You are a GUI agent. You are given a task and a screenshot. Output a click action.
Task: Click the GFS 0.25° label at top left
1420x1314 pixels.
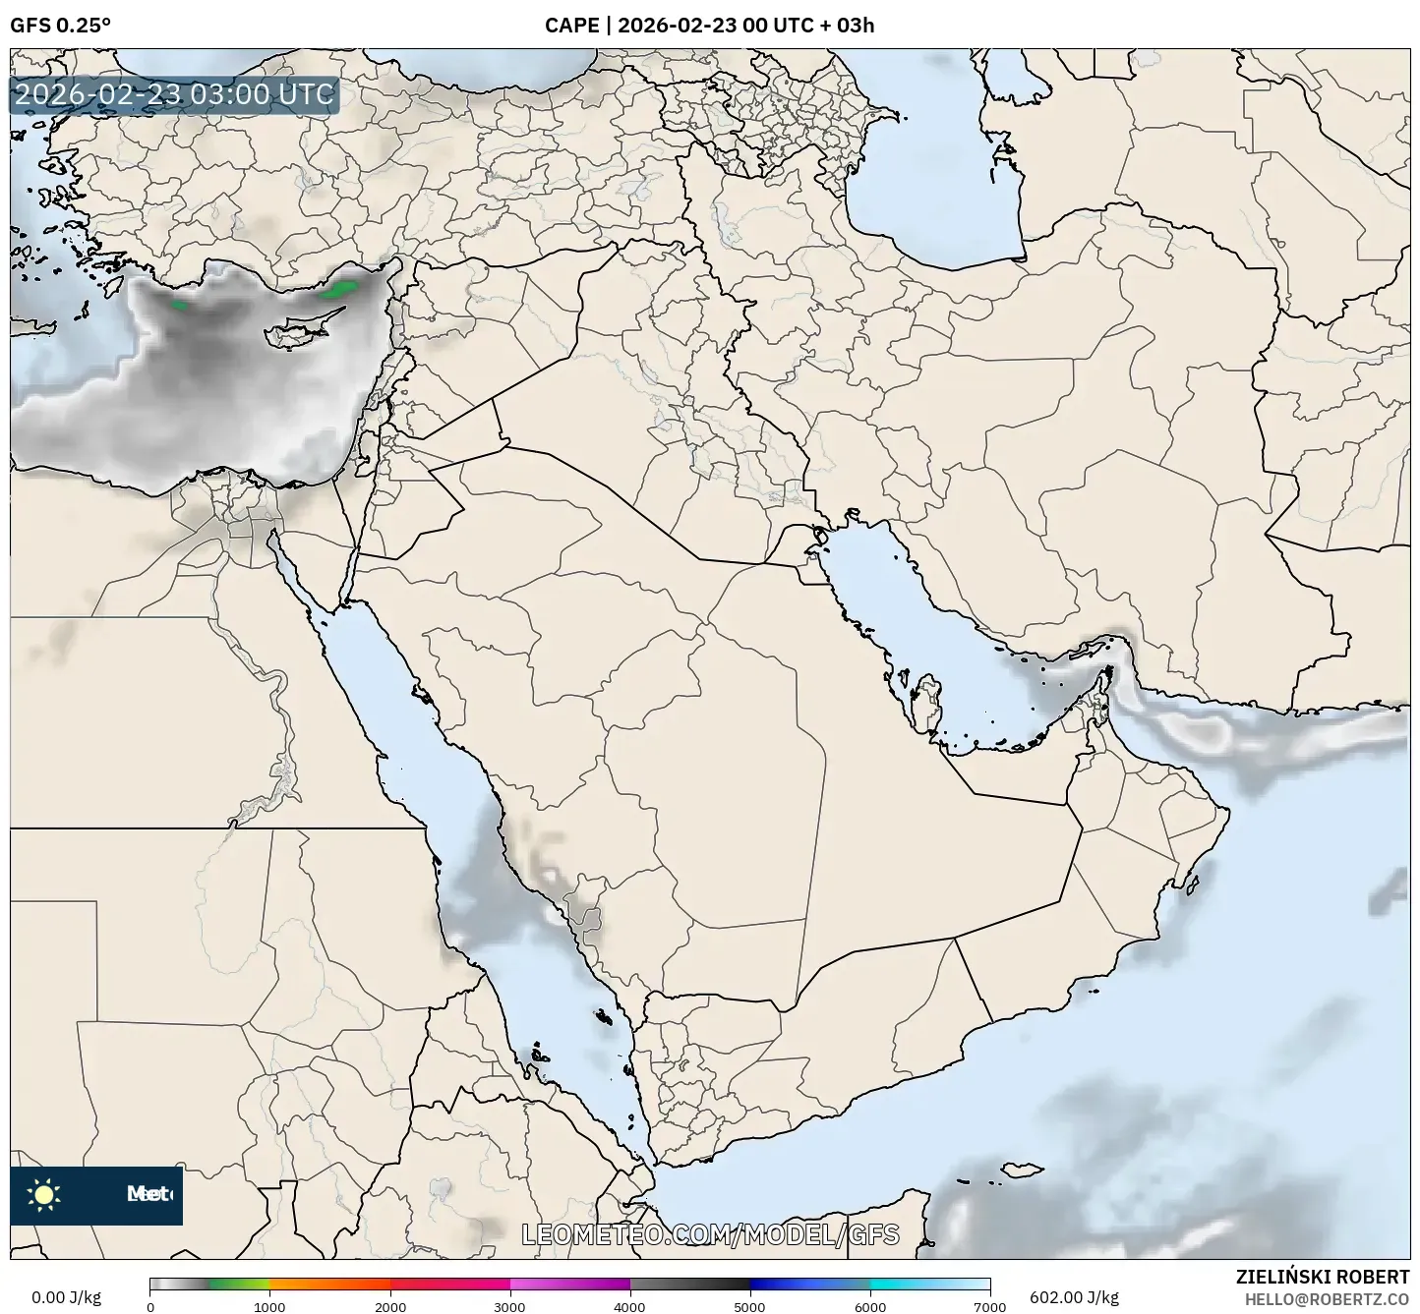[x=60, y=26]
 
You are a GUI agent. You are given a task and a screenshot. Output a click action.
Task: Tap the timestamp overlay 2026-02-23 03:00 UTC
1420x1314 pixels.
[x=175, y=95]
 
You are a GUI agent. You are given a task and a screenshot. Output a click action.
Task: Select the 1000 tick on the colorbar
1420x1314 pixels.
[x=269, y=1306]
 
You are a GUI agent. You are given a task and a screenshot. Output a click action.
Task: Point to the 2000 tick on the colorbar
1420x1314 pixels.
[x=390, y=1306]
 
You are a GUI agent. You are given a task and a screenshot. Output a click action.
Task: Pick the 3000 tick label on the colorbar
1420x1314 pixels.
[x=509, y=1306]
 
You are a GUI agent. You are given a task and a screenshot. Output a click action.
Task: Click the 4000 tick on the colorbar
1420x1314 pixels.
[x=629, y=1306]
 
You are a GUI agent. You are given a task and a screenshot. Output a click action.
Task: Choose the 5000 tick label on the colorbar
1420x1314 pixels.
[x=749, y=1306]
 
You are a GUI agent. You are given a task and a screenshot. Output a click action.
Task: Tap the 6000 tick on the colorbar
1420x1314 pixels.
[x=869, y=1306]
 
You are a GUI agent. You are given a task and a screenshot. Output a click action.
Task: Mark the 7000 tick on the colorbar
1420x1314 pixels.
[x=989, y=1306]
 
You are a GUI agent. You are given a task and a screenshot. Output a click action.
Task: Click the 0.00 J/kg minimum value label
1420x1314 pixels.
[x=67, y=1297]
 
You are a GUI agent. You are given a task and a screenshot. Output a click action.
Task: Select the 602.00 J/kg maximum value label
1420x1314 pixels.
[x=1074, y=1297]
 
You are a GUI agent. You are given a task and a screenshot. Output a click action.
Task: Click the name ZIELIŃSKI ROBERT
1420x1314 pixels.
[x=1323, y=1277]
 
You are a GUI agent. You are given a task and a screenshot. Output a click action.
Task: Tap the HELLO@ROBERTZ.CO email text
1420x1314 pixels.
[x=1327, y=1298]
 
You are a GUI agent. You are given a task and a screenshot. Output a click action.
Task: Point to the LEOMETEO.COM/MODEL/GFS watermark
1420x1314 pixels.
[x=710, y=1234]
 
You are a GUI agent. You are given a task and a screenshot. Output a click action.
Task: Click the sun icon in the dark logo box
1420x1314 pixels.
[x=44, y=1195]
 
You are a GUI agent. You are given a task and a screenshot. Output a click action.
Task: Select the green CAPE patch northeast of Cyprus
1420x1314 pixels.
[x=341, y=289]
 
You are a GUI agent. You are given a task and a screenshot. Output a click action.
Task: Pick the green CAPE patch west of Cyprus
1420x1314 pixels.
[x=179, y=305]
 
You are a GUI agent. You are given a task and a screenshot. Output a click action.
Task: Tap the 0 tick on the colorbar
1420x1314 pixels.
[x=150, y=1306]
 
